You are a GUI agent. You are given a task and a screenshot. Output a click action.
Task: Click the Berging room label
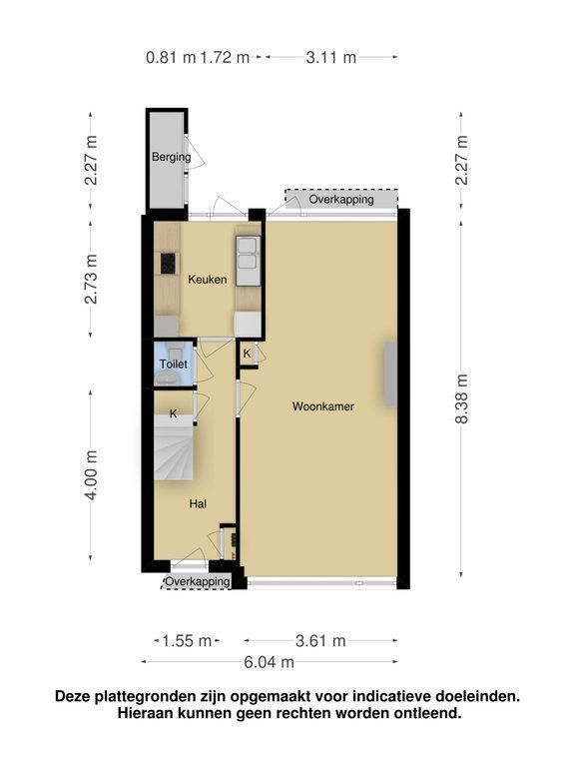tap(171, 157)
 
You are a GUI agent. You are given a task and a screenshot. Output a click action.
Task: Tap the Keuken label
tap(208, 280)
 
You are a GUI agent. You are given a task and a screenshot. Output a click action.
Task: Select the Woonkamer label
tap(323, 406)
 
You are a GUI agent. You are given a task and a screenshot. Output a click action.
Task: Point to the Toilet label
tap(174, 364)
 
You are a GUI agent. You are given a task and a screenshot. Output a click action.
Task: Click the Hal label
tap(198, 503)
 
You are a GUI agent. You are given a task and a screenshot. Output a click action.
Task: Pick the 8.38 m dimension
tap(461, 398)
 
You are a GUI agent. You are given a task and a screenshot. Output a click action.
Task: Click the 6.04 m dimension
tap(269, 662)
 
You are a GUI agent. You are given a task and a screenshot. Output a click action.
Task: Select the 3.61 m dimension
tap(320, 640)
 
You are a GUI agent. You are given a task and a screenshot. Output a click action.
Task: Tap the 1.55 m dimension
tap(187, 640)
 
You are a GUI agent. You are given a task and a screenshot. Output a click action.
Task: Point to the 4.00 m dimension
tap(91, 475)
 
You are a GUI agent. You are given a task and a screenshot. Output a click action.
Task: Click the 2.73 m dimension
tap(91, 279)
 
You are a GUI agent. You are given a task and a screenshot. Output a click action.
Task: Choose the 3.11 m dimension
tap(331, 57)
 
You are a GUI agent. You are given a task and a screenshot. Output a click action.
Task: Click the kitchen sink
tap(248, 261)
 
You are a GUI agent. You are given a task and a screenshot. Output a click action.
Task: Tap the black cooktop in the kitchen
tap(168, 264)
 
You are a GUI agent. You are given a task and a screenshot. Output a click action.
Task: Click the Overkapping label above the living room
tap(341, 199)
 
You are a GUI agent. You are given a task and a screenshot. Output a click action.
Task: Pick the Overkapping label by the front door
tap(197, 581)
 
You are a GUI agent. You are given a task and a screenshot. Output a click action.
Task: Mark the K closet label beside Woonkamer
tap(247, 354)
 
